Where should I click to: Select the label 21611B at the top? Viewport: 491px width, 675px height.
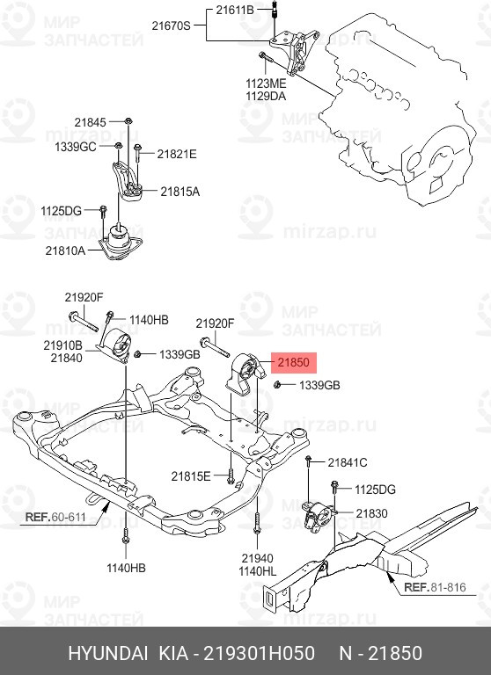point(235,10)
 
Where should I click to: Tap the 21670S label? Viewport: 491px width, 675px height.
point(171,26)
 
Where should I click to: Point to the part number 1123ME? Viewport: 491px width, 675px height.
point(266,83)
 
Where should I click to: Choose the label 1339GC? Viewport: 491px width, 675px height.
point(76,146)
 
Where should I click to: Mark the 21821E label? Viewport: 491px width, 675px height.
point(177,154)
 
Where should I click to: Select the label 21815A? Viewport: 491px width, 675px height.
point(180,191)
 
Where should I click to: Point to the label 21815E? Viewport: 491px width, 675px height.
point(191,475)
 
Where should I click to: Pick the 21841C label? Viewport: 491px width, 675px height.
point(348,462)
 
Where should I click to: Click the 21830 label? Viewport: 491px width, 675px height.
point(371,513)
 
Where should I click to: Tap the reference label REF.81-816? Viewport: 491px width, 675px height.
point(433,586)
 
